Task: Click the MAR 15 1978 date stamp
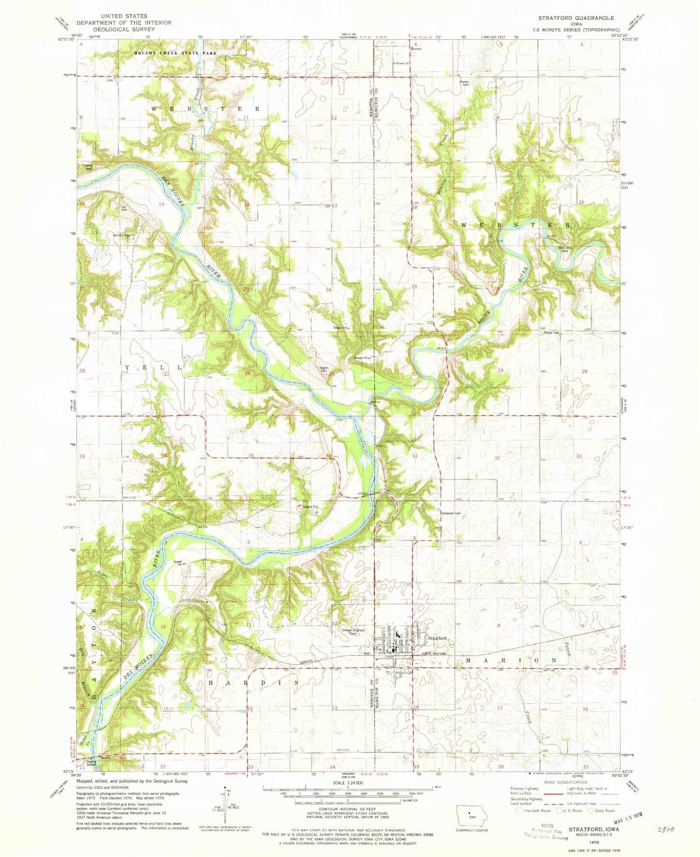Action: point(622,815)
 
